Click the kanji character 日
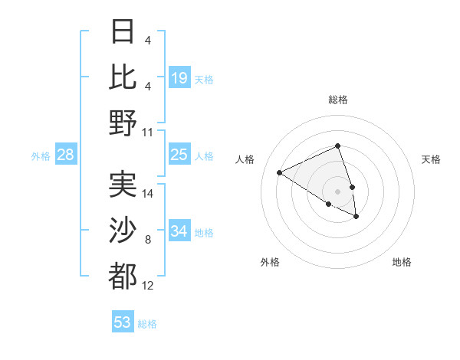tap(123, 32)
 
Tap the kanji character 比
tap(123, 77)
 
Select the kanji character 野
tap(123, 123)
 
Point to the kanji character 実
tap(123, 184)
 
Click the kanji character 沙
tap(123, 230)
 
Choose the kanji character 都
tap(123, 276)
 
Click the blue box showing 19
tap(179, 78)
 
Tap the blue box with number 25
tap(179, 155)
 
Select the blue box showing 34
tap(179, 231)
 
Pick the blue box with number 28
tap(66, 155)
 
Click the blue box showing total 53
tap(123, 322)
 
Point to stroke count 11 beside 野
tap(148, 133)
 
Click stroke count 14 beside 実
tap(148, 193)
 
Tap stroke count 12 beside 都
tap(148, 286)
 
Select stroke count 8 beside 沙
tap(148, 240)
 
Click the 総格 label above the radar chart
tap(338, 100)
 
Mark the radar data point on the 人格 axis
tap(280, 172)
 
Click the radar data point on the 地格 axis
tap(356, 217)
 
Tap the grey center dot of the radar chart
tap(338, 191)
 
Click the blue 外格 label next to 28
tap(41, 156)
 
